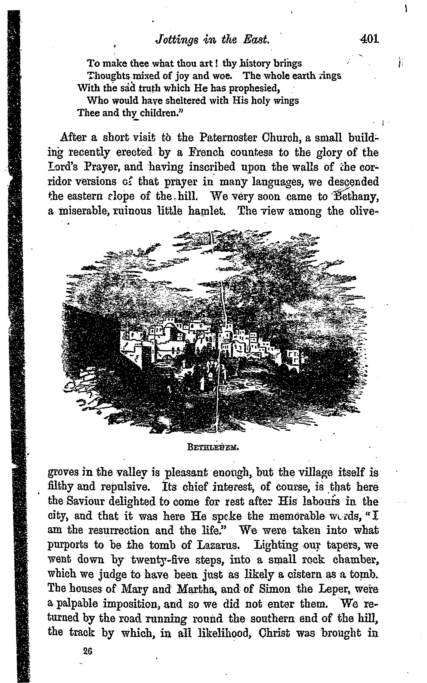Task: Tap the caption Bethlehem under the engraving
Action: click(213, 447)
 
